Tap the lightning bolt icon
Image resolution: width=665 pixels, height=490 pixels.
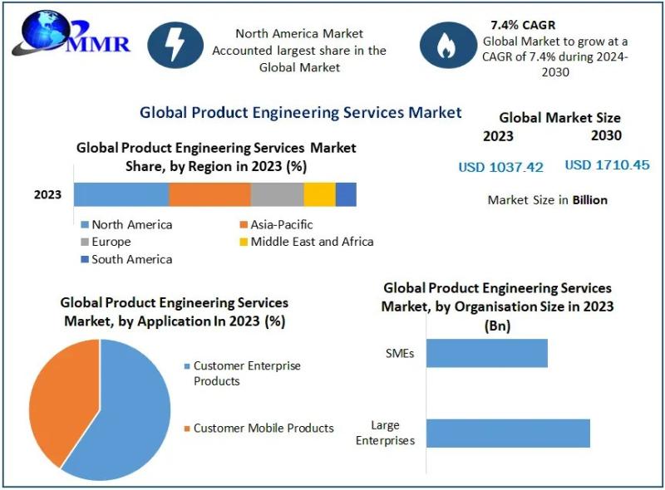pyautogui.click(x=175, y=45)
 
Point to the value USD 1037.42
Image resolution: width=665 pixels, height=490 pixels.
pyautogui.click(x=500, y=167)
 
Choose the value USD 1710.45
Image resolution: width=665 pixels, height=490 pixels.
pyautogui.click(x=607, y=165)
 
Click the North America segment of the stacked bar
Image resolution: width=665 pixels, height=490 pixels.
pyautogui.click(x=121, y=194)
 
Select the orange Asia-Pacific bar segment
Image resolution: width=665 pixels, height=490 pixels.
pyautogui.click(x=209, y=194)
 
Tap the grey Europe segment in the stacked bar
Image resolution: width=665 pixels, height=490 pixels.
pyautogui.click(x=277, y=194)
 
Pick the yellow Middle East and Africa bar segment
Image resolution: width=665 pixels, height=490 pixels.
pyautogui.click(x=319, y=194)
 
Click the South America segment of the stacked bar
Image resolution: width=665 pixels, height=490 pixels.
pyautogui.click(x=346, y=194)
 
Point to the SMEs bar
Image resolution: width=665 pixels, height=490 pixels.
pyautogui.click(x=487, y=353)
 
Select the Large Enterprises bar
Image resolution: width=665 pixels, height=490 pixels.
pyautogui.click(x=508, y=434)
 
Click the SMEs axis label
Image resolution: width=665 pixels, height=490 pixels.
pyautogui.click(x=400, y=353)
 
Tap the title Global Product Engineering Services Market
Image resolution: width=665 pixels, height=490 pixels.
pyautogui.click(x=300, y=112)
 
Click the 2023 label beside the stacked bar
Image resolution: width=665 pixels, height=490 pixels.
pyautogui.click(x=47, y=195)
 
